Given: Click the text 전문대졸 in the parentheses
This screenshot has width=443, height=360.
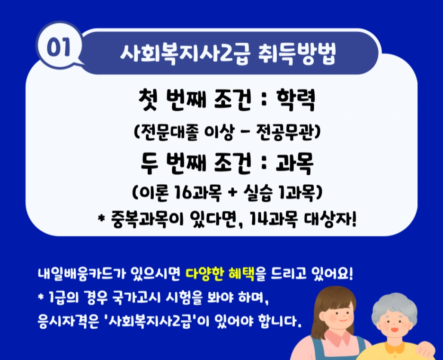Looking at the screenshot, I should [166, 132].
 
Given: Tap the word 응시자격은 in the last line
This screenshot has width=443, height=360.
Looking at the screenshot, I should [67, 323].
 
